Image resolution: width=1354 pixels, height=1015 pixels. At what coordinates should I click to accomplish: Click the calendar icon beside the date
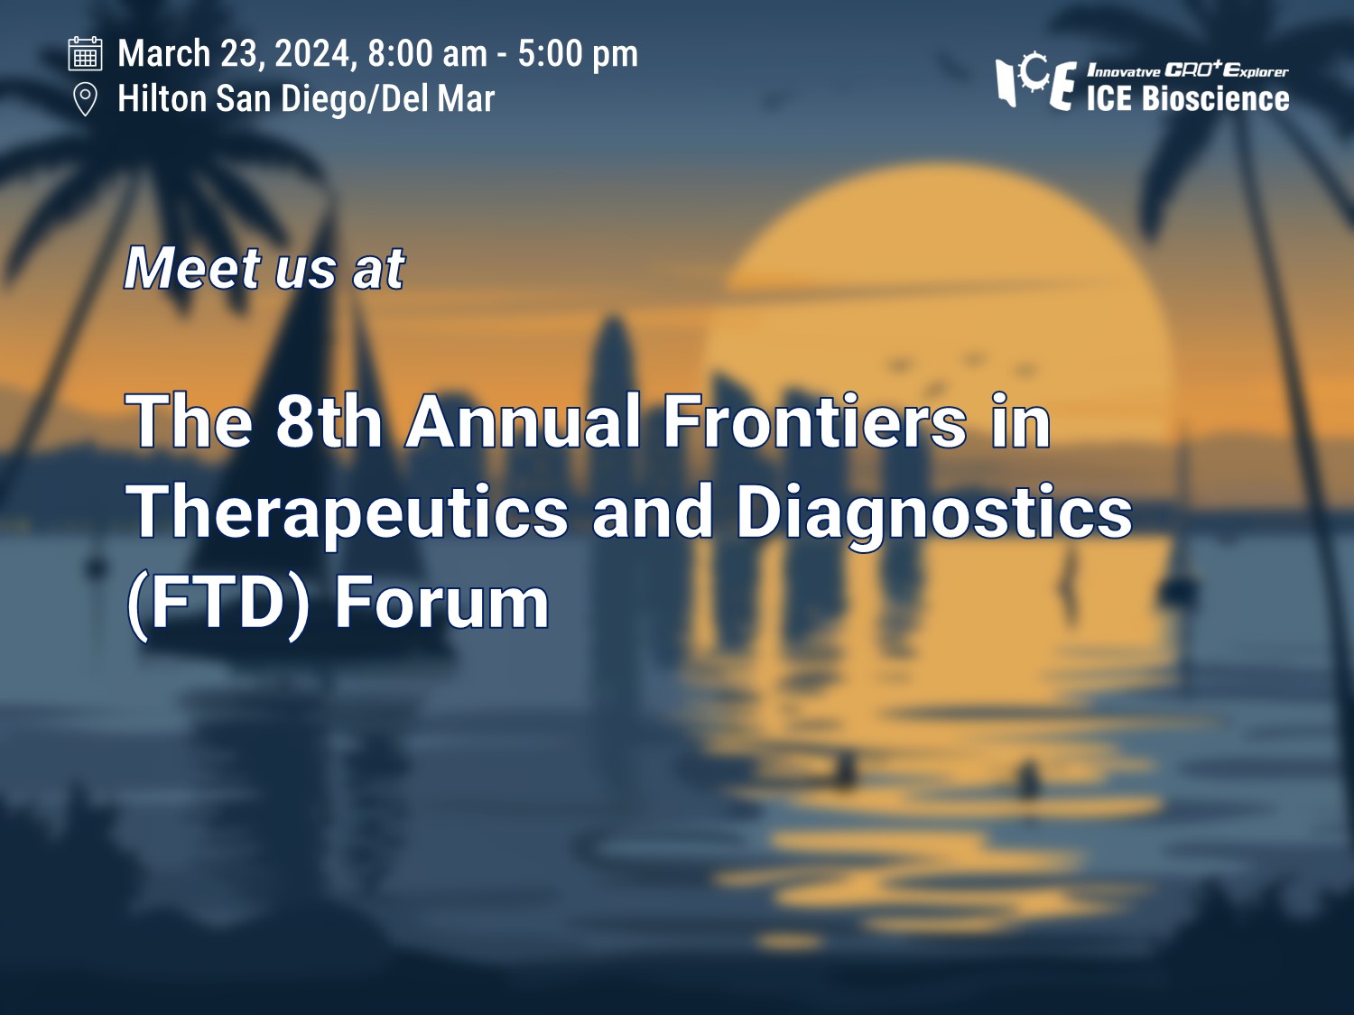click(x=85, y=53)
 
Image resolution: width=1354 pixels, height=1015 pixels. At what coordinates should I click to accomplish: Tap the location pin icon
click(x=85, y=100)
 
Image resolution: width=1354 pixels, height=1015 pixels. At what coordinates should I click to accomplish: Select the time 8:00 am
click(x=428, y=53)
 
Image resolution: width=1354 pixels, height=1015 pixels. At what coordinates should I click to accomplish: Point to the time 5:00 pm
click(x=578, y=53)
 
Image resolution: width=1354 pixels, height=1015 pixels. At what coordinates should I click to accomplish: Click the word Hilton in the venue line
click(x=162, y=99)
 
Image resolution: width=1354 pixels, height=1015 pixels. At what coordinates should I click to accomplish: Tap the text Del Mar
click(x=438, y=99)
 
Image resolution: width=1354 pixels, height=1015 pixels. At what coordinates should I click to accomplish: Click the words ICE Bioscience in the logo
click(x=1187, y=99)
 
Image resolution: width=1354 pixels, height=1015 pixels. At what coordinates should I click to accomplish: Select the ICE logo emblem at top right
click(x=1035, y=82)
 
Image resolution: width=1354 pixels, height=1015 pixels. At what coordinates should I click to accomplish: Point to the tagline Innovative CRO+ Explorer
click(x=1187, y=71)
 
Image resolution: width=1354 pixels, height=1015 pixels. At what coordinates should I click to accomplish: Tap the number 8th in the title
click(x=328, y=421)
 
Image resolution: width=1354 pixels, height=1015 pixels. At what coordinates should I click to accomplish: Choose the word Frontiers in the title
click(x=814, y=421)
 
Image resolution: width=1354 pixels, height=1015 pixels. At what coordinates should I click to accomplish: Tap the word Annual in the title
click(x=523, y=421)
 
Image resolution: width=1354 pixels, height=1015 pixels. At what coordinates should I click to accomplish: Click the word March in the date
click(x=164, y=53)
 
